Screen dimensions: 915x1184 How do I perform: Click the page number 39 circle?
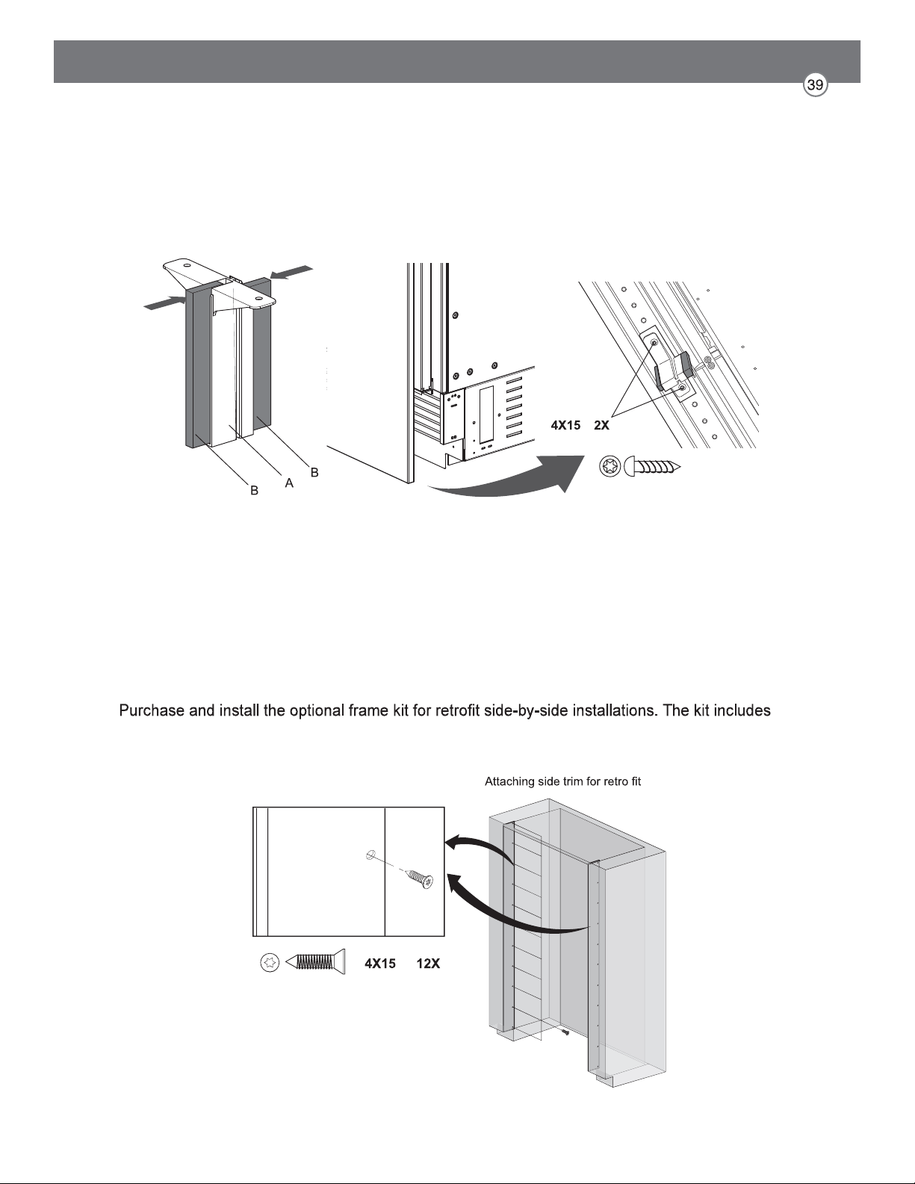(816, 86)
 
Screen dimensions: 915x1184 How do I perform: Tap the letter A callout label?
(289, 483)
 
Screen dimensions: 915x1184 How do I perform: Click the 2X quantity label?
(601, 426)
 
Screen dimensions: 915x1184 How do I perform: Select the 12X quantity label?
(428, 964)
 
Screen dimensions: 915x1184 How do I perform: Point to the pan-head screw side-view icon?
(653, 467)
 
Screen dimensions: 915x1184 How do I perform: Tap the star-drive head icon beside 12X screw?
(270, 963)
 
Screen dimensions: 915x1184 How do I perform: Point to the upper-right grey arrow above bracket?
(291, 273)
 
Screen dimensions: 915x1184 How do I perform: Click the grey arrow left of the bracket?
(164, 303)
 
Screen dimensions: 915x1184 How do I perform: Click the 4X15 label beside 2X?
(565, 426)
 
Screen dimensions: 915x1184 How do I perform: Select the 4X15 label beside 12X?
(380, 964)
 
